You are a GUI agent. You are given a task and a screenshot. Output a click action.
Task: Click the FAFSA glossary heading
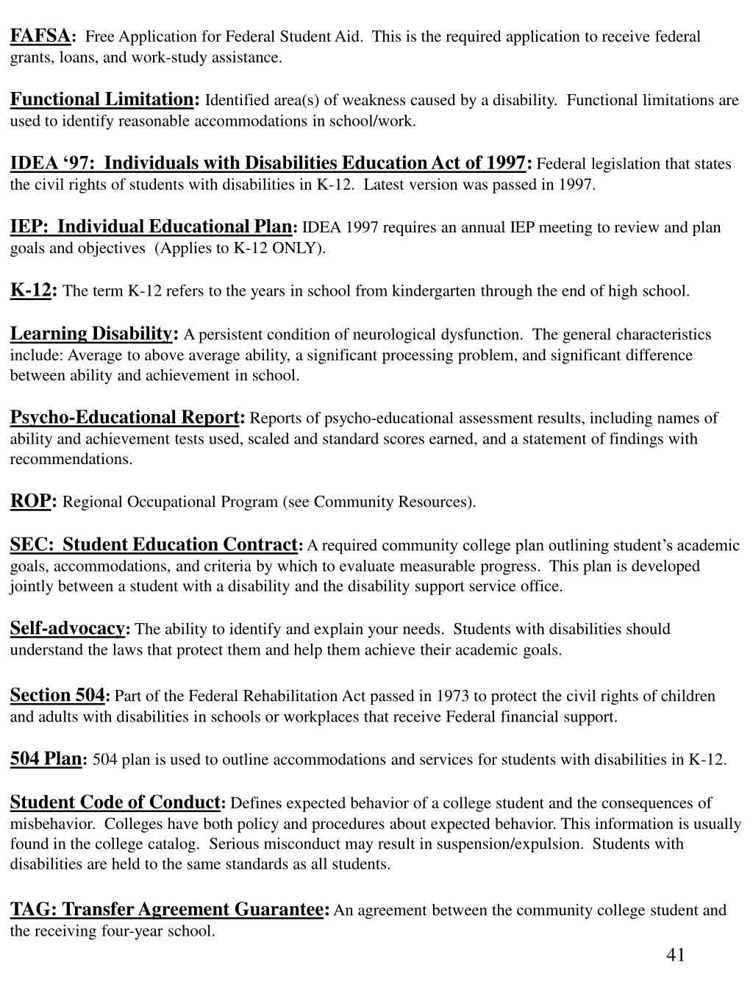[x=40, y=35]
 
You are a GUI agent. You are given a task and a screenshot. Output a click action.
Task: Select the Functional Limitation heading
[x=101, y=99]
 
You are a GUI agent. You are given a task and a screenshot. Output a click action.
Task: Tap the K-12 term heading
[x=30, y=290]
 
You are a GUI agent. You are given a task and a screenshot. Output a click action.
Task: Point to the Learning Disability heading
[x=90, y=334]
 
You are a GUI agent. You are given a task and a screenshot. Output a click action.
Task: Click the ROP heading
[x=29, y=502]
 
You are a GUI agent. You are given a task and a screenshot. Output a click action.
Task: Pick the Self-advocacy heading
[x=67, y=628]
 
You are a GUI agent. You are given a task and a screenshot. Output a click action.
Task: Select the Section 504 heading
[x=57, y=695]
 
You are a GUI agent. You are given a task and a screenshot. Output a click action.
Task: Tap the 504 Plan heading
[x=46, y=759]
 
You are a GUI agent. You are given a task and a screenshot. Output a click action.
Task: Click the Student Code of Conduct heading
[x=115, y=802]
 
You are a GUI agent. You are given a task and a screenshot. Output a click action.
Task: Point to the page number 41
[x=675, y=955]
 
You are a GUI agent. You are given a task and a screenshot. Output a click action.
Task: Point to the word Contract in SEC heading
[x=259, y=545]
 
